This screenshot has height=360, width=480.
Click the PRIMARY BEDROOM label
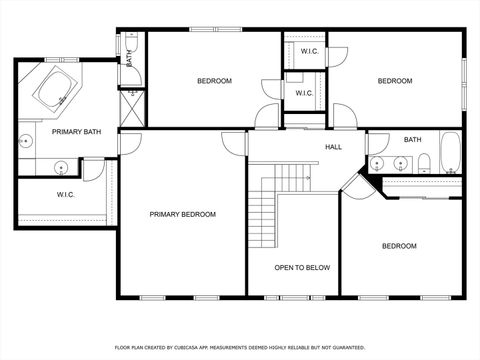pyautogui.click(x=182, y=214)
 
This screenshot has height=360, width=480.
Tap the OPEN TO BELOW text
pyautogui.click(x=303, y=267)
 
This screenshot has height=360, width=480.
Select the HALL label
pyautogui.click(x=333, y=147)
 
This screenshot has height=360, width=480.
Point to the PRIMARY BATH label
pyautogui.click(x=49, y=132)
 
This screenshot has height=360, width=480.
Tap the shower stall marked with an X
pyautogui.click(x=131, y=105)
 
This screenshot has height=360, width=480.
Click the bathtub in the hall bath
pyautogui.click(x=451, y=154)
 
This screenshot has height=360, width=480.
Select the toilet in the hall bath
pyautogui.click(x=424, y=163)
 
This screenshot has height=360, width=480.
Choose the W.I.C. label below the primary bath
pyautogui.click(x=66, y=194)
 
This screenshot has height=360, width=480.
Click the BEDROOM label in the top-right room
pyautogui.click(x=394, y=81)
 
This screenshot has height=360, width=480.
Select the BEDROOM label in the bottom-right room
pyautogui.click(x=399, y=245)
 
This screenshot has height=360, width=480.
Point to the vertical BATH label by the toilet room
pyautogui.click(x=129, y=58)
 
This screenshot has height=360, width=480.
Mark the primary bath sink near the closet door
pyautogui.click(x=62, y=167)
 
